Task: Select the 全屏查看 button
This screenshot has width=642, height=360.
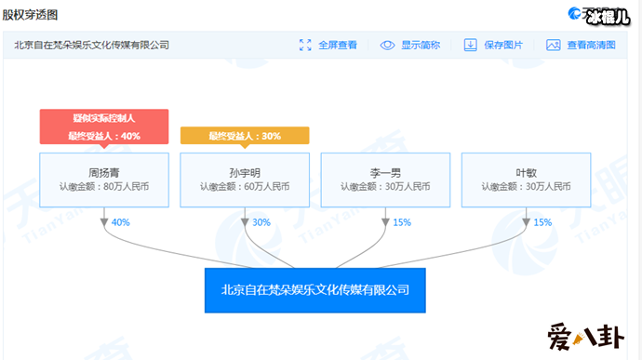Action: coord(328,45)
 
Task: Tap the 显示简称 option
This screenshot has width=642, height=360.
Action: coord(409,45)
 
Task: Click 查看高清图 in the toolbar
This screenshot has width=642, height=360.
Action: coord(579,45)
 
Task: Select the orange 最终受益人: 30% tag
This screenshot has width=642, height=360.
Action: coord(245,136)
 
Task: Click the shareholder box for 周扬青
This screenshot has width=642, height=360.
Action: coord(104,179)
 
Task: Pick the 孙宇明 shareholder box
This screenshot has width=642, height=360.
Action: coord(245,179)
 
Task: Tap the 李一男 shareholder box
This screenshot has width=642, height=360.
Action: coord(386,179)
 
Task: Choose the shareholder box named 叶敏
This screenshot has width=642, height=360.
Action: coord(526,179)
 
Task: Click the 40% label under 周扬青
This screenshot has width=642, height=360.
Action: coord(120,222)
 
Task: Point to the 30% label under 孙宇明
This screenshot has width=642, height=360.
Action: coord(261,222)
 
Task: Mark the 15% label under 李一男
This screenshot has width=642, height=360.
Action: coord(402,222)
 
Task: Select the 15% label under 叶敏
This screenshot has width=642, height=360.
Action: coord(542,222)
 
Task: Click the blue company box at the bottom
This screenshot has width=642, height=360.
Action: coord(314,290)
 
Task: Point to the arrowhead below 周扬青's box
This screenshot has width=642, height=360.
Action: coord(104,223)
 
